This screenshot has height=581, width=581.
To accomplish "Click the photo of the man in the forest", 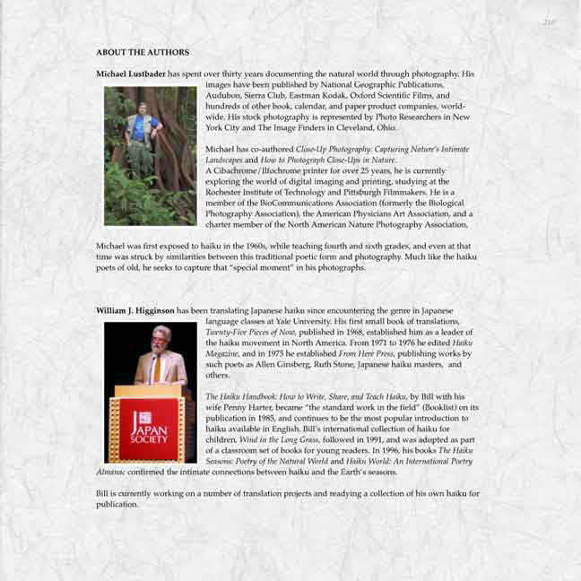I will tap(150, 155).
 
